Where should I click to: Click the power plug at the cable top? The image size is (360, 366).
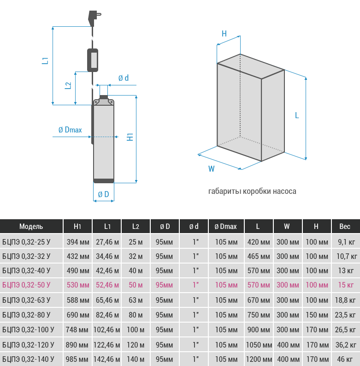pyautogui.click(x=94, y=18)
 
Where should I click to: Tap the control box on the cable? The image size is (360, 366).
pyautogui.click(x=93, y=60)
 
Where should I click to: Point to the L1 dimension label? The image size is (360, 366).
pyautogui.click(x=45, y=60)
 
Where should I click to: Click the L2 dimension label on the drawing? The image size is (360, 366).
pyautogui.click(x=68, y=85)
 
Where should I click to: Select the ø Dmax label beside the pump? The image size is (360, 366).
pyautogui.click(x=70, y=130)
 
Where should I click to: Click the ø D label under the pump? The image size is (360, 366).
pyautogui.click(x=104, y=194)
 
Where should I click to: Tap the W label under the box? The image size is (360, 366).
pyautogui.click(x=212, y=169)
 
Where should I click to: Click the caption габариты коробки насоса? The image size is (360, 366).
pyautogui.click(x=252, y=192)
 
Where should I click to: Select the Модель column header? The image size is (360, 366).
pyautogui.click(x=31, y=227)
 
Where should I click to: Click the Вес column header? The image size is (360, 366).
pyautogui.click(x=345, y=227)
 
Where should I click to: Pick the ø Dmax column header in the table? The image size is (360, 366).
pyautogui.click(x=226, y=227)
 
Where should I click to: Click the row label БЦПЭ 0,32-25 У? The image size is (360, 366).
pyautogui.click(x=26, y=242)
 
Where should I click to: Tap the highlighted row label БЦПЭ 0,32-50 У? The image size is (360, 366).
pyautogui.click(x=26, y=285)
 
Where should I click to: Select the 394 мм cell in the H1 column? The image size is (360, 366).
pyautogui.click(x=78, y=242)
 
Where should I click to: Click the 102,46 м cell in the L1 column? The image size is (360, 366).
pyautogui.click(x=107, y=330)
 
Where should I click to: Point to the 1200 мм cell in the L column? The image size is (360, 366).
pyautogui.click(x=259, y=359)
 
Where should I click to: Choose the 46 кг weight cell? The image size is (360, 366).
pyautogui.click(x=345, y=359)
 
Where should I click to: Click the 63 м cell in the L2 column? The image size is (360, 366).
pyautogui.click(x=136, y=300)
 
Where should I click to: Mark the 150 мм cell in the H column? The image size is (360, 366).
pyautogui.click(x=317, y=315)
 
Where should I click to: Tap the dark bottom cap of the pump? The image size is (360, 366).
pyautogui.click(x=104, y=180)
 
